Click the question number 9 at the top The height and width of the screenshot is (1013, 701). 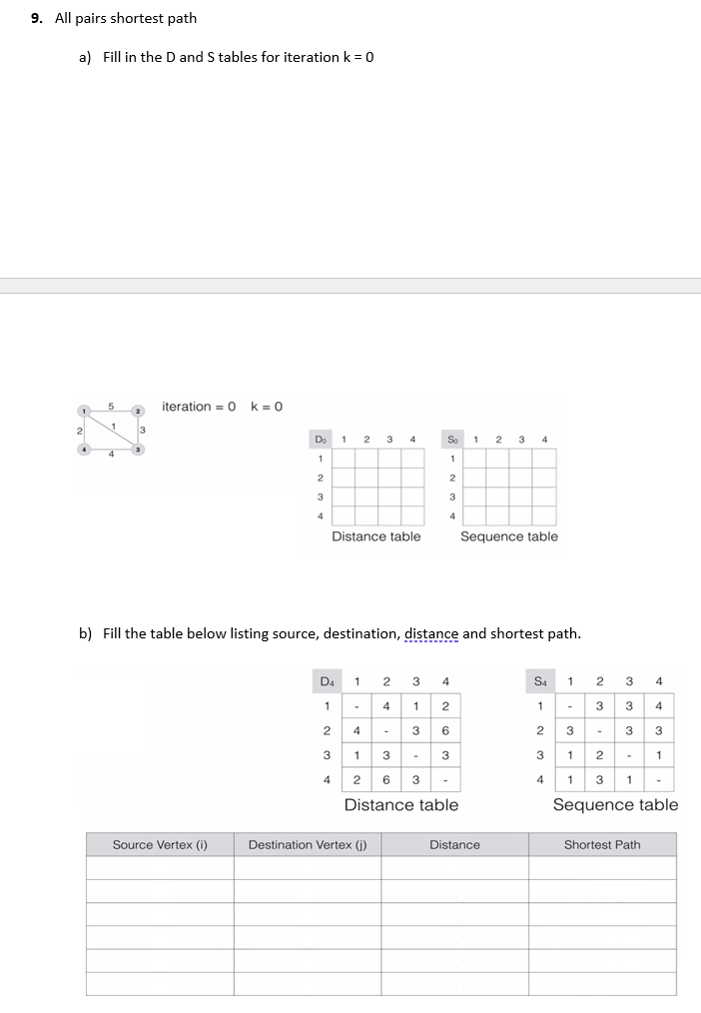click(36, 18)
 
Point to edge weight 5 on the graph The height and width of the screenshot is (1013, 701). click(112, 406)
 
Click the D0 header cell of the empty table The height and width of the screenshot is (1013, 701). click(321, 439)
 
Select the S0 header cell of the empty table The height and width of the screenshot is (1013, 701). click(453, 439)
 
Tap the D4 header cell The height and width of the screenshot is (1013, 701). click(327, 682)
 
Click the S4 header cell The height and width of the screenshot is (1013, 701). click(540, 682)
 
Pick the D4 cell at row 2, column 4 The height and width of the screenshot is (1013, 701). click(444, 730)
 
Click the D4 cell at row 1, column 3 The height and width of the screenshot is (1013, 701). click(415, 706)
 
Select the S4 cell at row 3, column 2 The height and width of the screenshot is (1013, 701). click(599, 754)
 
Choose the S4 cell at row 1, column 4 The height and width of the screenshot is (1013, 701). click(659, 706)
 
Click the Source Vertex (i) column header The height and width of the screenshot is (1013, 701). click(160, 845)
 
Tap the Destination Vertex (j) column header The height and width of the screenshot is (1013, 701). click(308, 845)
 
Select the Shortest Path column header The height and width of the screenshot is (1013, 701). click(602, 845)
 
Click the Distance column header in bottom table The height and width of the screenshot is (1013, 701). click(454, 845)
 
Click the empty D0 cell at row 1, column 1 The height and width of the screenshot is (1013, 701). click(344, 459)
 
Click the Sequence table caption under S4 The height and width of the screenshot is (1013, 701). click(615, 805)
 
